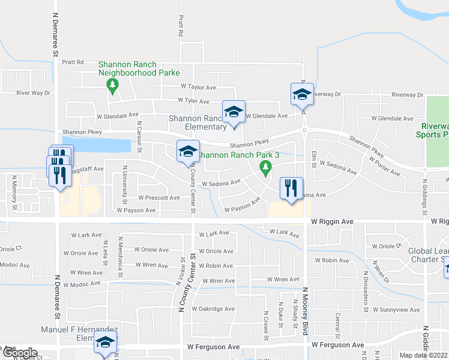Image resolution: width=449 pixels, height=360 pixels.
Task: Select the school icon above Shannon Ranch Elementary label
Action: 234,112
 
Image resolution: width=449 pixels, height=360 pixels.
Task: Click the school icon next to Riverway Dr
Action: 302,94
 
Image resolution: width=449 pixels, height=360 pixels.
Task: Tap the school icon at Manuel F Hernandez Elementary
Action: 105,343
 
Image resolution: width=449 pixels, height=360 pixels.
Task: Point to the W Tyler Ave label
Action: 193,101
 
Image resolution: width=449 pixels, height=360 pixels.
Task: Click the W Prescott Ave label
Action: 158,197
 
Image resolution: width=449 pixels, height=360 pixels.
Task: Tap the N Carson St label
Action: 139,136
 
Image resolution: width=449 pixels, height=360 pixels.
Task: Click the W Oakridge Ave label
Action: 213,308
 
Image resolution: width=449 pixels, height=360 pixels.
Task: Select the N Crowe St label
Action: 266,323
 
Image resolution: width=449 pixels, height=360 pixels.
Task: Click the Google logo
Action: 19,353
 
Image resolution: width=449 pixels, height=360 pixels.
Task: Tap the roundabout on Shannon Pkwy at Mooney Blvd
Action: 305,130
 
